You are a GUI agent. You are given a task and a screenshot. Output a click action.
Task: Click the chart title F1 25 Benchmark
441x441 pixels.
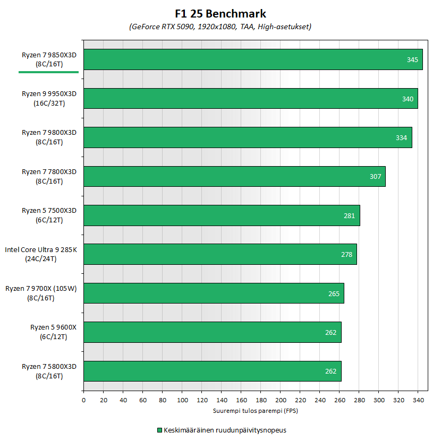coord(220,13)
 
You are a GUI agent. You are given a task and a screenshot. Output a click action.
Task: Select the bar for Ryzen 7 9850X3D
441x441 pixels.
coord(253,59)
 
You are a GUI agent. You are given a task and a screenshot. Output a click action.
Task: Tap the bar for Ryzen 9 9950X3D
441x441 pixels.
coord(250,99)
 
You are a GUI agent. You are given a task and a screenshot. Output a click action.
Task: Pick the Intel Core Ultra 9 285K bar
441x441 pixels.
coord(220,254)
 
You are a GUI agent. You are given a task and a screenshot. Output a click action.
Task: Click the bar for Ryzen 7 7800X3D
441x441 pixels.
coord(234,176)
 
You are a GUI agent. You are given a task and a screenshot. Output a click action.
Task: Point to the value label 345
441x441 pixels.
coord(412,60)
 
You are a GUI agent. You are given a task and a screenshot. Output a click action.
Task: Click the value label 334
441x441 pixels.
coord(402,138)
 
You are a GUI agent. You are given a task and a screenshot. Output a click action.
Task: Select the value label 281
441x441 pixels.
coord(350,215)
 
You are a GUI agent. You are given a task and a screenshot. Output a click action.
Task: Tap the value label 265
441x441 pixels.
coord(334,293)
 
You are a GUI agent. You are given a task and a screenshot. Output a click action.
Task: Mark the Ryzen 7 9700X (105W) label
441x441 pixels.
coord(41,293)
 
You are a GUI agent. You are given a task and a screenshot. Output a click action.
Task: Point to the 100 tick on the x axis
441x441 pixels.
coord(182,400)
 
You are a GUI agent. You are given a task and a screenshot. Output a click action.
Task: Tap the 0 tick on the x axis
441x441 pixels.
coord(83,400)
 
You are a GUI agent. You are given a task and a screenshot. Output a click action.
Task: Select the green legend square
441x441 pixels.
coord(159,430)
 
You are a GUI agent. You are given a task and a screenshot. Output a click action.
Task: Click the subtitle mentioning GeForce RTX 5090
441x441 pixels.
coord(220,27)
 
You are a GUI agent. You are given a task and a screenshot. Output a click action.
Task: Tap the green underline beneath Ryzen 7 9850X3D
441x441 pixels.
coord(48,71)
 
